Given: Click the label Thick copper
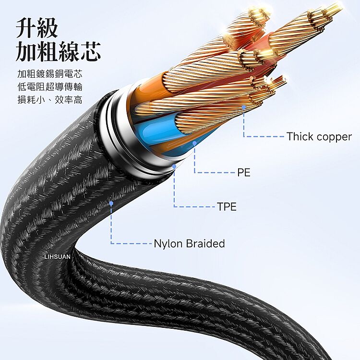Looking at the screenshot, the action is (319, 137).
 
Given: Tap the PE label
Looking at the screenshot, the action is (243, 172).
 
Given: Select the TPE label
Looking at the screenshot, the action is (227, 206).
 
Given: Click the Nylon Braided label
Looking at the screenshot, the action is (189, 243).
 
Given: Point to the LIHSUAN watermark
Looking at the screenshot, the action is (58, 257).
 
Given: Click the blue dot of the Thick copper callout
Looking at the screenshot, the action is (244, 107).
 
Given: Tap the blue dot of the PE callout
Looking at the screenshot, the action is (194, 143).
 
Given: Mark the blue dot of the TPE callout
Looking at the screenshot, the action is (174, 166).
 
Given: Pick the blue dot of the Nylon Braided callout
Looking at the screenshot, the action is (111, 203).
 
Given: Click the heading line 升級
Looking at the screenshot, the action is (37, 28).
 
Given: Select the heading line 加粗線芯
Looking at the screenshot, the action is (58, 51).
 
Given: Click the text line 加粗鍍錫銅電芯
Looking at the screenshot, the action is (50, 74).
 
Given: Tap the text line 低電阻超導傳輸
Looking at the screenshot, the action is (50, 87).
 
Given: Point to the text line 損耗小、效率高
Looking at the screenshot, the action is (50, 100).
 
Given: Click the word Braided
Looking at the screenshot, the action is (205, 243).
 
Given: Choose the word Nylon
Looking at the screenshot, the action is (168, 244).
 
